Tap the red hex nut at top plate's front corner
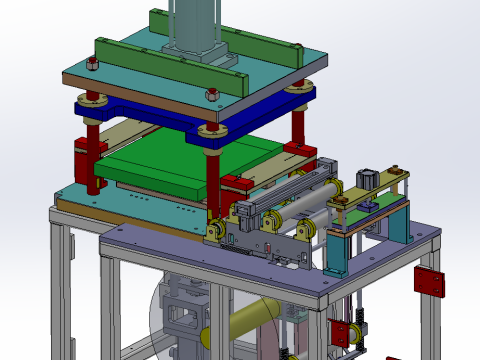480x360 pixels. click(213, 95)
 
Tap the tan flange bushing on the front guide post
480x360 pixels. click(208, 131)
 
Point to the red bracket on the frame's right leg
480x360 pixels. click(428, 281)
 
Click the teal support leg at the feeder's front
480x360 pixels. click(336, 255)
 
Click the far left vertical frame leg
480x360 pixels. click(62, 290)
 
